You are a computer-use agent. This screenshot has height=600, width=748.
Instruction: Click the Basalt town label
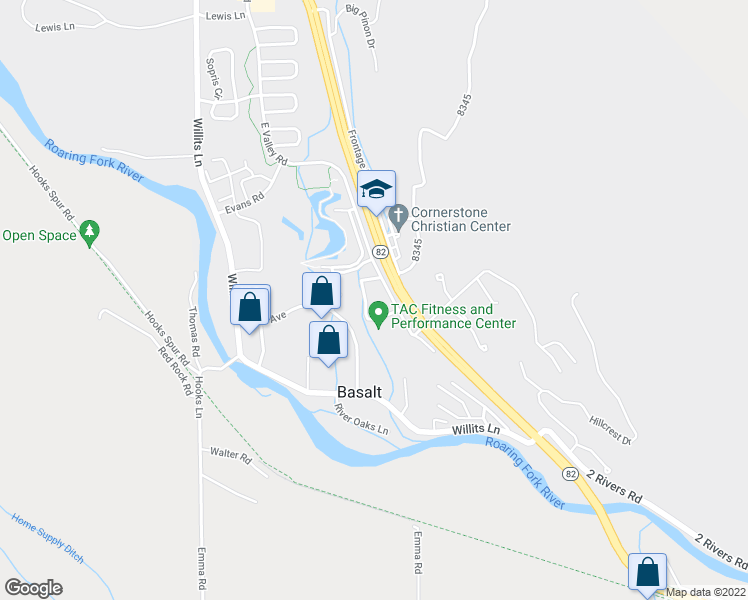tap(359, 393)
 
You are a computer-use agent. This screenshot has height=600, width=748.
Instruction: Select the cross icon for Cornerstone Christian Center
tap(398, 213)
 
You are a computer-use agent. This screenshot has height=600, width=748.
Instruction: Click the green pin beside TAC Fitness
tap(378, 315)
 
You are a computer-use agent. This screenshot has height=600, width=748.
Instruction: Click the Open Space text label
tap(39, 236)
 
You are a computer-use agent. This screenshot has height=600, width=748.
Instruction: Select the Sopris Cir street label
tap(213, 78)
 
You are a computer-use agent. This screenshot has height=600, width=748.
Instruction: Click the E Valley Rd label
tap(273, 144)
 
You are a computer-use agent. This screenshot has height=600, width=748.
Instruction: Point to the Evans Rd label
tap(243, 200)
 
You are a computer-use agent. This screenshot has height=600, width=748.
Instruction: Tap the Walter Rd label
tap(230, 455)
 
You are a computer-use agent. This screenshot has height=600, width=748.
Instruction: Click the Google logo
tap(33, 588)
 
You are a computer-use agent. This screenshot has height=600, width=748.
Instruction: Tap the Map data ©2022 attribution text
tap(705, 592)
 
